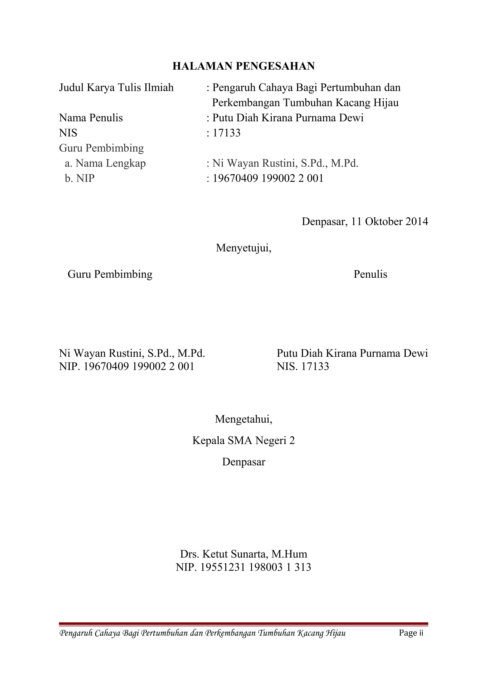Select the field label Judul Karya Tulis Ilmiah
point(116,88)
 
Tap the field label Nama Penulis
point(91,118)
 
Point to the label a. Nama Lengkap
point(105,163)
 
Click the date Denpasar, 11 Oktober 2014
point(365,222)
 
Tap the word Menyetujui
point(243,248)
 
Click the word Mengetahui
point(243,419)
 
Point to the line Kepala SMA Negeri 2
point(243,440)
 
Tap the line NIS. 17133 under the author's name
point(302,366)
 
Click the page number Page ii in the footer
point(411,633)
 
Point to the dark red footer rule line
point(243,624)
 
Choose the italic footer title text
point(203,633)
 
